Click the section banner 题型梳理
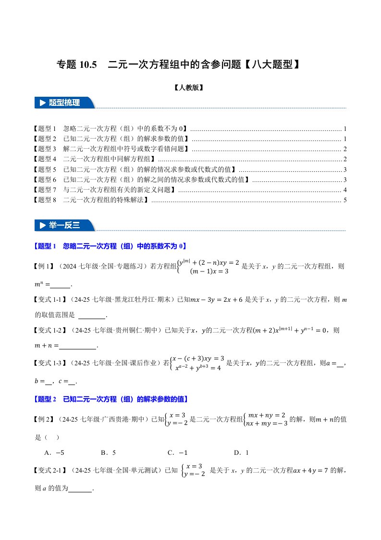tap(64, 103)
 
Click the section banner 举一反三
tap(64, 225)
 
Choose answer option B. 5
tap(108, 452)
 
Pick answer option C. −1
tap(177, 452)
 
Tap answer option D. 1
tap(241, 452)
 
